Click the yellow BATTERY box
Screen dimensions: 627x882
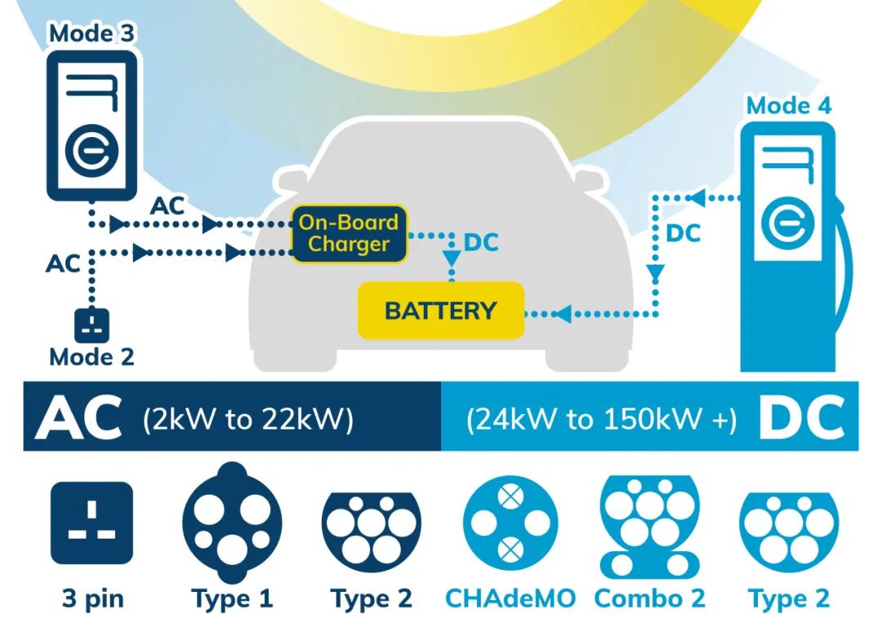(x=440, y=310)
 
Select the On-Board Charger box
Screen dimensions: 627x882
(x=349, y=233)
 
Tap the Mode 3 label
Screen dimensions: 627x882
(x=91, y=33)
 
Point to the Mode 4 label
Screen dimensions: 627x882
(x=788, y=105)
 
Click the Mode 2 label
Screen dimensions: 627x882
(x=91, y=357)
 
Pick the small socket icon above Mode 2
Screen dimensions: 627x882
(x=91, y=326)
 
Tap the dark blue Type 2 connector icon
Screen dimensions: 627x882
(x=371, y=527)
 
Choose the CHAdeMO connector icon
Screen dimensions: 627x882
(x=510, y=522)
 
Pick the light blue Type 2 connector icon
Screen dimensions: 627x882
(x=789, y=527)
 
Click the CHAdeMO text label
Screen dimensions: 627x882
(x=510, y=598)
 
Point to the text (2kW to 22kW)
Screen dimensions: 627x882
(x=247, y=419)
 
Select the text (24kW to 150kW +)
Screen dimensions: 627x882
(x=601, y=419)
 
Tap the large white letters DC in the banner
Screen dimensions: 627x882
(x=800, y=417)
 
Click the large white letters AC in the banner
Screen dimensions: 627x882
(x=78, y=417)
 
